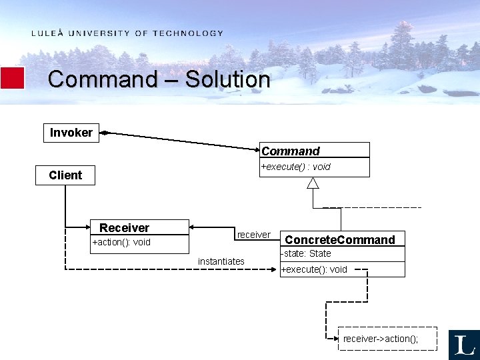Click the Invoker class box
pos(71,133)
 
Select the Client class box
pos(65,175)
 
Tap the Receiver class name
pos(125,228)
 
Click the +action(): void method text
pos(121,242)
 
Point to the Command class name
pos(291,151)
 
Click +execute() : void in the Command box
pos(295,167)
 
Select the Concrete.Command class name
pos(340,240)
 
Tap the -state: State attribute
pos(306,253)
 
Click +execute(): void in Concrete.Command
pos(314,269)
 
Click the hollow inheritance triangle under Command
pos(313,183)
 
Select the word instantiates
pos(221,261)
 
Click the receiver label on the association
pos(253,235)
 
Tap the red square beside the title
pos(12,78)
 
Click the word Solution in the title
pos(227,79)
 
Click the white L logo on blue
pos(464,345)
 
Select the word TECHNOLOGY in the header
pos(188,33)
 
